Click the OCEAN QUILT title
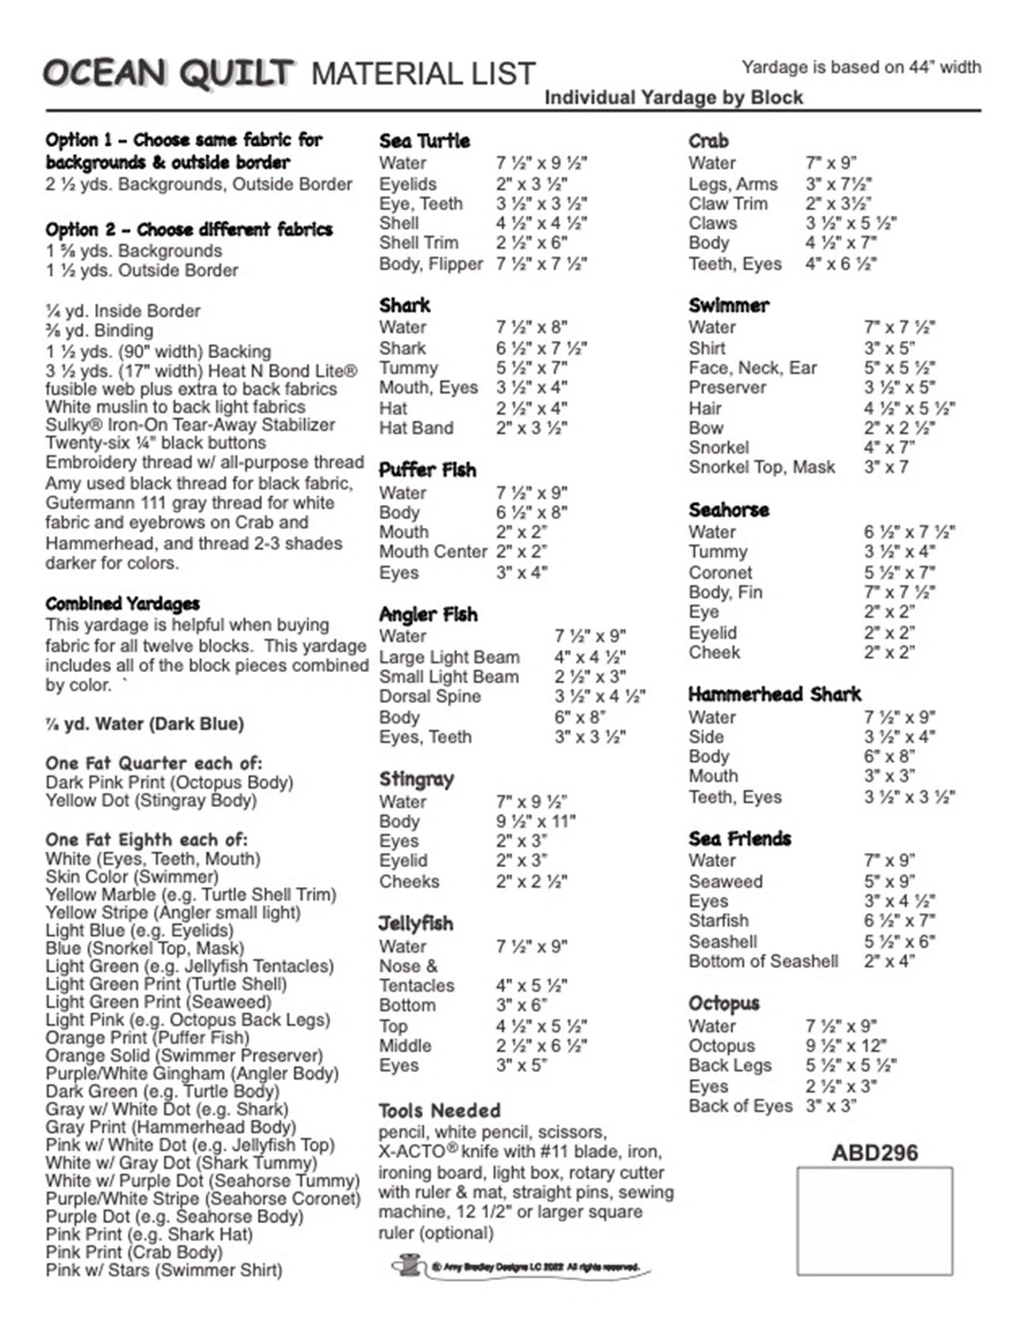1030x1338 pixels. pyautogui.click(x=169, y=74)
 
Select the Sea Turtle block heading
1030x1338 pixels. pyautogui.click(x=424, y=141)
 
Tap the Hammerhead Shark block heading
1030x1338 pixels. pyautogui.click(x=774, y=695)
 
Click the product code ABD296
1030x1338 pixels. pyautogui.click(x=874, y=1153)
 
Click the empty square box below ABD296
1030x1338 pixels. pyautogui.click(x=874, y=1221)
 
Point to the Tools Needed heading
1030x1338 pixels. pyautogui.click(x=439, y=1111)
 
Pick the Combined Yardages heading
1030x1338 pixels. pyautogui.click(x=122, y=604)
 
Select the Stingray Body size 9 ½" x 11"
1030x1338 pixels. pyautogui.click(x=536, y=821)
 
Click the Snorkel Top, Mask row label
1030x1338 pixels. pyautogui.click(x=761, y=467)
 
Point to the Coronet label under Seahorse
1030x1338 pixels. pyautogui.click(x=720, y=572)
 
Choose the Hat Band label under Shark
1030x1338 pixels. pyautogui.click(x=416, y=428)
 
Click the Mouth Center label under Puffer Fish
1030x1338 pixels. pyautogui.click(x=433, y=552)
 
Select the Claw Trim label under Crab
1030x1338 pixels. pyautogui.click(x=727, y=204)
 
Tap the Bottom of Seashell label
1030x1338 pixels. pyautogui.click(x=763, y=961)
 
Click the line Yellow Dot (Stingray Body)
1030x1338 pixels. pyautogui.click(x=151, y=801)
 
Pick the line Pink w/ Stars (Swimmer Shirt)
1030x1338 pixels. pyautogui.click(x=163, y=1270)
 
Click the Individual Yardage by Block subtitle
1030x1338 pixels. pyautogui.click(x=673, y=97)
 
